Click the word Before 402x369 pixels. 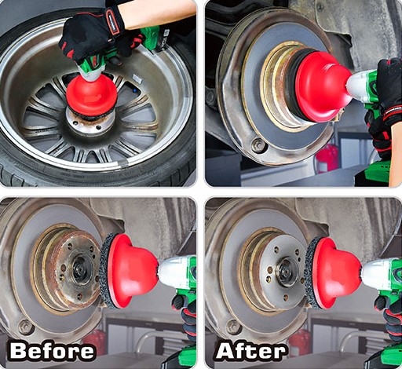[52, 351]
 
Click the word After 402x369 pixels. [250, 350]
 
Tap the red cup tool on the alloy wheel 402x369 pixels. [91, 95]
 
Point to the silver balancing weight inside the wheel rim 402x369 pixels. [137, 79]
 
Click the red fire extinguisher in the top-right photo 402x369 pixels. [327, 159]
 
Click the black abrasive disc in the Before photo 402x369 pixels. [108, 270]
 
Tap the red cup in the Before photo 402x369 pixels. [133, 272]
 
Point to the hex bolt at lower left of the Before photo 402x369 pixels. [26, 327]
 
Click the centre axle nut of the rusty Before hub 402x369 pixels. [82, 270]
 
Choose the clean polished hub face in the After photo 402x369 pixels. [283, 272]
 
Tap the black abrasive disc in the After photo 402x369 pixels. [312, 272]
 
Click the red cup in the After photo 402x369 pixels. [338, 273]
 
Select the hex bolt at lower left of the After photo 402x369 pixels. [233, 327]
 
